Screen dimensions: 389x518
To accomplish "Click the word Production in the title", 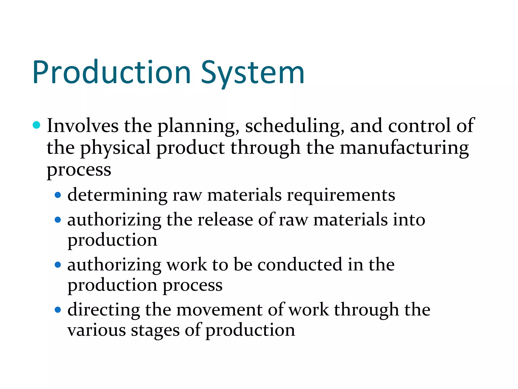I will click(x=112, y=72).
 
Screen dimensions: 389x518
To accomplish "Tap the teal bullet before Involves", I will click(x=37, y=125).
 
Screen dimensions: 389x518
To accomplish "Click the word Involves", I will click(x=82, y=126).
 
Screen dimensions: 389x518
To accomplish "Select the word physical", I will click(x=115, y=148).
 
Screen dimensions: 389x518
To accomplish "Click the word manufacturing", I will click(x=404, y=148).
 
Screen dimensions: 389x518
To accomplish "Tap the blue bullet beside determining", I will click(x=58, y=195).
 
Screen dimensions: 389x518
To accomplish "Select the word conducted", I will click(x=300, y=265).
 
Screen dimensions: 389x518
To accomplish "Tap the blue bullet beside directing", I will click(x=58, y=309).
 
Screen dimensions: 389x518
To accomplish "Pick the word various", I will click(x=96, y=330).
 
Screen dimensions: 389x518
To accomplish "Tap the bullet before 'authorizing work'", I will click(x=58, y=265).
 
